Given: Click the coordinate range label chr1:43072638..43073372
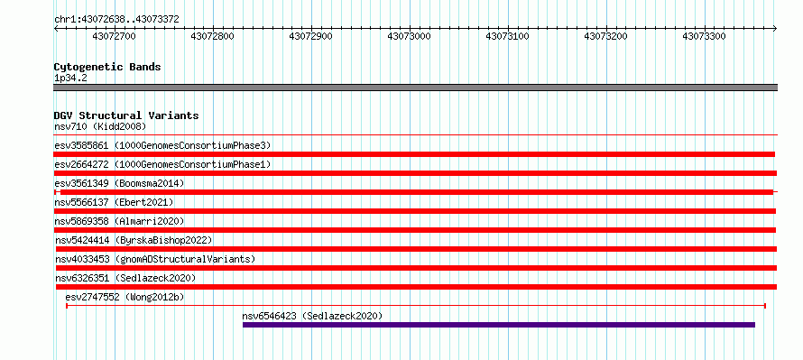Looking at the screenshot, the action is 116,20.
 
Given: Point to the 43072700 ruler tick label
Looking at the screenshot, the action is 114,36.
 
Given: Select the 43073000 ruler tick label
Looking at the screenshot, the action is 410,36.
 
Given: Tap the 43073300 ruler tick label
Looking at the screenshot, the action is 704,36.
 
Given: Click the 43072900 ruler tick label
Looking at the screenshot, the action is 311,36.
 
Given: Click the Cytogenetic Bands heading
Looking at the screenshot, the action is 107,67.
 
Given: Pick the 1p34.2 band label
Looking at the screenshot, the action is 71,78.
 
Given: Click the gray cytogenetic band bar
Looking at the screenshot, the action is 415,88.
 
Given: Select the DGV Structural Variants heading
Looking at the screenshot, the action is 126,115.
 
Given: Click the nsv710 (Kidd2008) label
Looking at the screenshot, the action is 100,126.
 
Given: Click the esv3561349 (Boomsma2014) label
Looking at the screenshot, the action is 119,183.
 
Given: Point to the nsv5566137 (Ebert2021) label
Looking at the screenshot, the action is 115,202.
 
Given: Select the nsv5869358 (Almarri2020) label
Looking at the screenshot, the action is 119,221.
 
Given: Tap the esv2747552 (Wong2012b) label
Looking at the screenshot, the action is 125,297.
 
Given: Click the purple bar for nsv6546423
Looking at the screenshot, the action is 499,325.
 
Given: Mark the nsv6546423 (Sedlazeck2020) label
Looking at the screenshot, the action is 312,316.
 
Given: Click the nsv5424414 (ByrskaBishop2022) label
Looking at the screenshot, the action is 134,240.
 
